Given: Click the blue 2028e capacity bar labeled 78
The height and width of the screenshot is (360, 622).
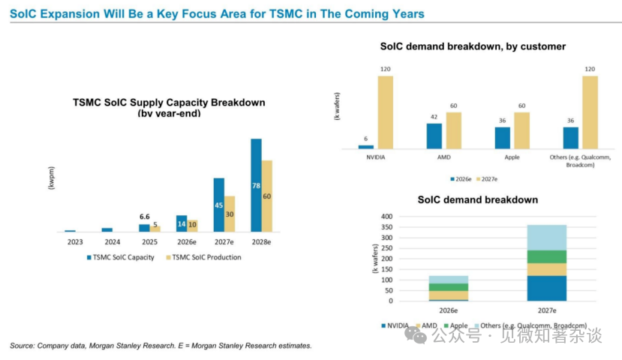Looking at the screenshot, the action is (x=257, y=185).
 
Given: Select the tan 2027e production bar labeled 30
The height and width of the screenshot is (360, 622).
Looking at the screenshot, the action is (x=230, y=214).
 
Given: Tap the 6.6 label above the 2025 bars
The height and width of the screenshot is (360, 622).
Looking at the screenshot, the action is (x=144, y=217).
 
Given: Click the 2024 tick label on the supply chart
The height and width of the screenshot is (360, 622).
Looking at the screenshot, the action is (x=113, y=241).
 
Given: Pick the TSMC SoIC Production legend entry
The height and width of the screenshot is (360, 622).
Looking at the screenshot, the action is (x=203, y=257).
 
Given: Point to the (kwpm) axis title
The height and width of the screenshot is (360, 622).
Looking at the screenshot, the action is (x=51, y=178).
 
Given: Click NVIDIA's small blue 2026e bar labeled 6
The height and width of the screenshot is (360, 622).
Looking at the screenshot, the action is (x=365, y=147).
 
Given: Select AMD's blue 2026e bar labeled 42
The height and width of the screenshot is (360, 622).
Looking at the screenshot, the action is (x=434, y=136).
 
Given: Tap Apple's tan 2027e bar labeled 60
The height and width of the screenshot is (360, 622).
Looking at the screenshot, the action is (x=521, y=130).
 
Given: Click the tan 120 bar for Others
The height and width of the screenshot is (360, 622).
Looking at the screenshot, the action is (x=590, y=112).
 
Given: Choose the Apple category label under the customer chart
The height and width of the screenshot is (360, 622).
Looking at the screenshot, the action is (x=512, y=157).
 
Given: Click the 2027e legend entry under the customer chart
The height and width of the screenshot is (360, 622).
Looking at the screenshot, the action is (x=487, y=179).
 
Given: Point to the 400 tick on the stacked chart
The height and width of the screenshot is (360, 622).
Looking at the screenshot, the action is (x=386, y=217).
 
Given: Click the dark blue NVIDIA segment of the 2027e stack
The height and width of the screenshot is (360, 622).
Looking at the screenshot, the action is (x=547, y=288).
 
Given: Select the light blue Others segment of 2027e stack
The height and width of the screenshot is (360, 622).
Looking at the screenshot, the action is (x=547, y=238).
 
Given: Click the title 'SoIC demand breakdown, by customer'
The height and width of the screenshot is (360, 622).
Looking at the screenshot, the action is (x=473, y=46).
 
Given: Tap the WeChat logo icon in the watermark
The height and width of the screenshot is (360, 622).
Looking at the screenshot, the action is (x=416, y=335).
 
